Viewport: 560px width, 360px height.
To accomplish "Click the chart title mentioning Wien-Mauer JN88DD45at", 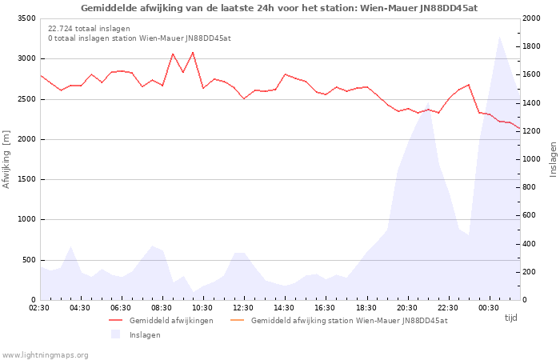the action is point(279,8).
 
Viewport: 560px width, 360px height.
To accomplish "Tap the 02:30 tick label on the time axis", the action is point(39,308).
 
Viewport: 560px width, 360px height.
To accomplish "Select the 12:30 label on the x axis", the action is point(243,308).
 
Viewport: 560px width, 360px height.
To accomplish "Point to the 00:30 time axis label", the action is point(489,308).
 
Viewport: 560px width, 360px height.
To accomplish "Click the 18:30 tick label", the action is point(366,308).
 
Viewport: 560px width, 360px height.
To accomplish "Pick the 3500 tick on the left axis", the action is point(26,18).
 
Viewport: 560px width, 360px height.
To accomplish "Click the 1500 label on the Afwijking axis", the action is point(26,179).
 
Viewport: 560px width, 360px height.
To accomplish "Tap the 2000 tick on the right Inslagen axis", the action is point(531,18).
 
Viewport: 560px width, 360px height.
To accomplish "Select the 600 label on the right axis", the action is point(530,215).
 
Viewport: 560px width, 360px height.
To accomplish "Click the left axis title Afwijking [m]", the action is point(6,159).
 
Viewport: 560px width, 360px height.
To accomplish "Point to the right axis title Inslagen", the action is point(553,159).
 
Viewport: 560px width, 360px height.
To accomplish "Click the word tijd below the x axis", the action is point(510,318).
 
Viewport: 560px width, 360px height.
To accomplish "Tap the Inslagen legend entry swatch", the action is point(115,334).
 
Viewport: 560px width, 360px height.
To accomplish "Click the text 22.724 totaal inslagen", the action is point(89,29).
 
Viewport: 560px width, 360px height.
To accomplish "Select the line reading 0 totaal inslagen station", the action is point(140,38).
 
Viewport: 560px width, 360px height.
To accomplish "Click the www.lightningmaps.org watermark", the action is point(44,355).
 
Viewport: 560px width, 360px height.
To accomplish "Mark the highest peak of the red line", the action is point(193,52).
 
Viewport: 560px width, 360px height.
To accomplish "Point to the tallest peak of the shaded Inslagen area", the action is point(500,37).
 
